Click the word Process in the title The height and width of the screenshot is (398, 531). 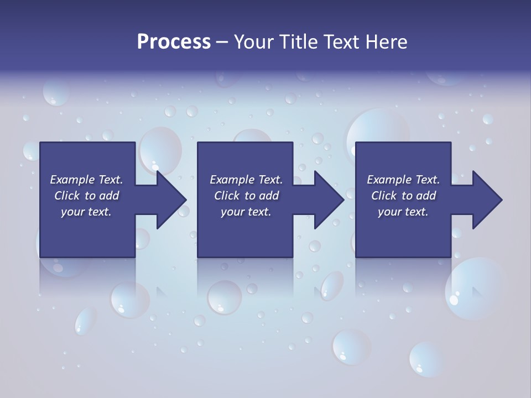(174, 42)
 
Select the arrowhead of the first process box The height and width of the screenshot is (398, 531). (170, 200)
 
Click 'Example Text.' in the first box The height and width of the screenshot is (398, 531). (86, 180)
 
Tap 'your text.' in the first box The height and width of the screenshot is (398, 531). (86, 212)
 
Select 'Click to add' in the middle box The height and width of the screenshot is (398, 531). (246, 196)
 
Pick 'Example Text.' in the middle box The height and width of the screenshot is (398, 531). (246, 180)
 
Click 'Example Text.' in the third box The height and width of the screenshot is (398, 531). (403, 180)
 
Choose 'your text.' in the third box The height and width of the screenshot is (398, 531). (403, 212)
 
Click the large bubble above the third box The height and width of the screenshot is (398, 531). (377, 127)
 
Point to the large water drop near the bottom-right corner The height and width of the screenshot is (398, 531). (473, 287)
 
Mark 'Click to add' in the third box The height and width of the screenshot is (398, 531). (403, 196)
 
